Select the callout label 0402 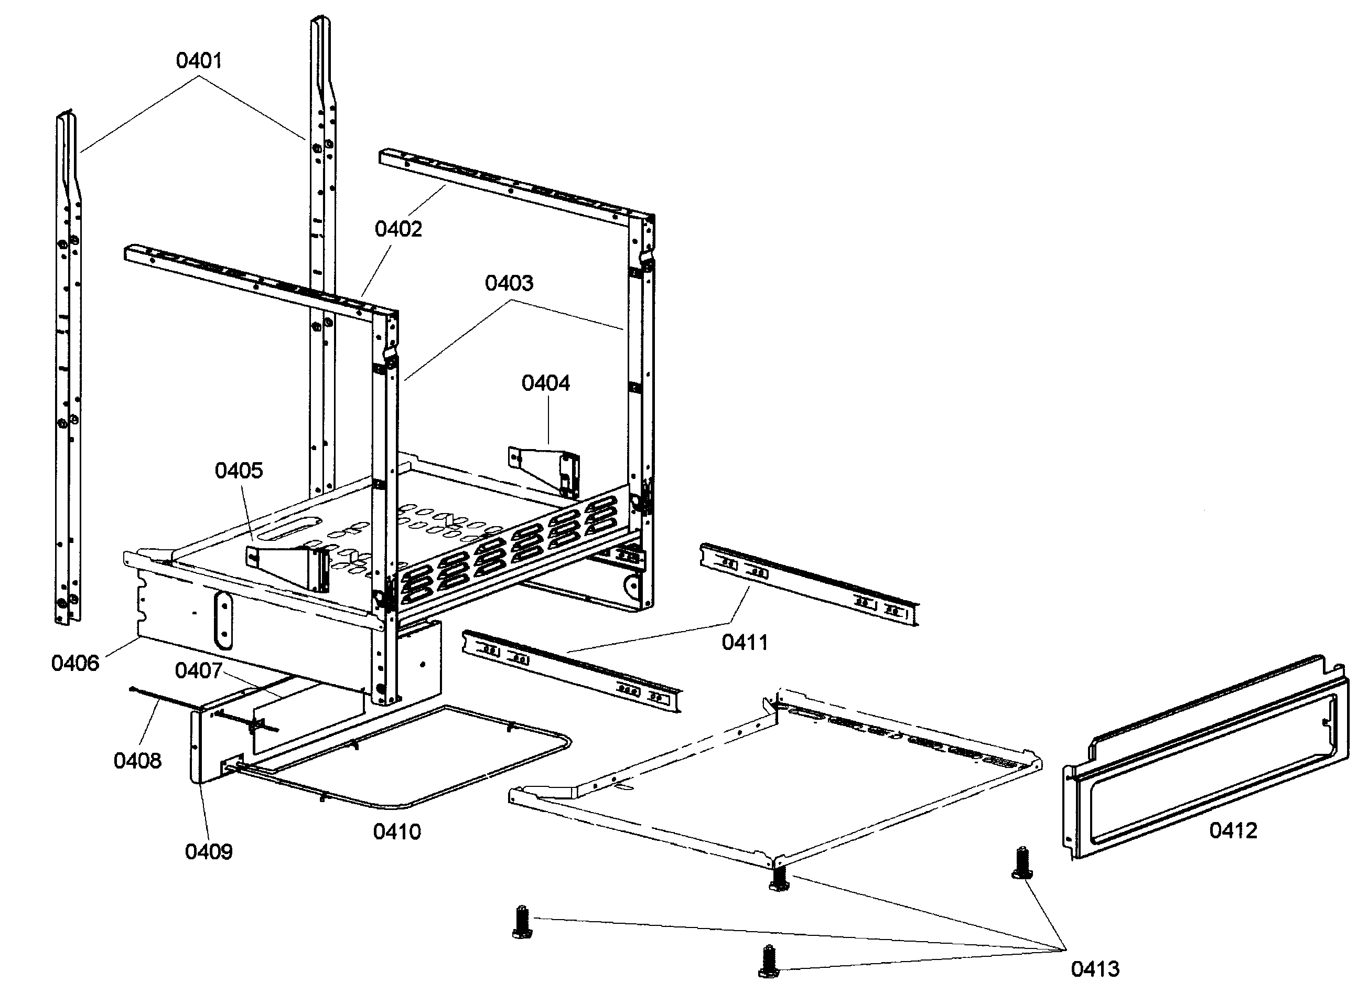pyautogui.click(x=398, y=229)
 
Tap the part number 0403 pyautogui.click(x=509, y=283)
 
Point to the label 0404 pyautogui.click(x=545, y=383)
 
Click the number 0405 pyautogui.click(x=239, y=471)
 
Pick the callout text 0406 pyautogui.click(x=75, y=663)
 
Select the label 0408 pyautogui.click(x=137, y=761)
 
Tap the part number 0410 pyautogui.click(x=396, y=832)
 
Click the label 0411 pyautogui.click(x=745, y=643)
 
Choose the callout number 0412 pyautogui.click(x=1233, y=831)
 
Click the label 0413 pyautogui.click(x=1095, y=969)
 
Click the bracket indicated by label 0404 pyautogui.click(x=546, y=471)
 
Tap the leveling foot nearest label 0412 pyautogui.click(x=1021, y=863)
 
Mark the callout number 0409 pyautogui.click(x=208, y=852)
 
